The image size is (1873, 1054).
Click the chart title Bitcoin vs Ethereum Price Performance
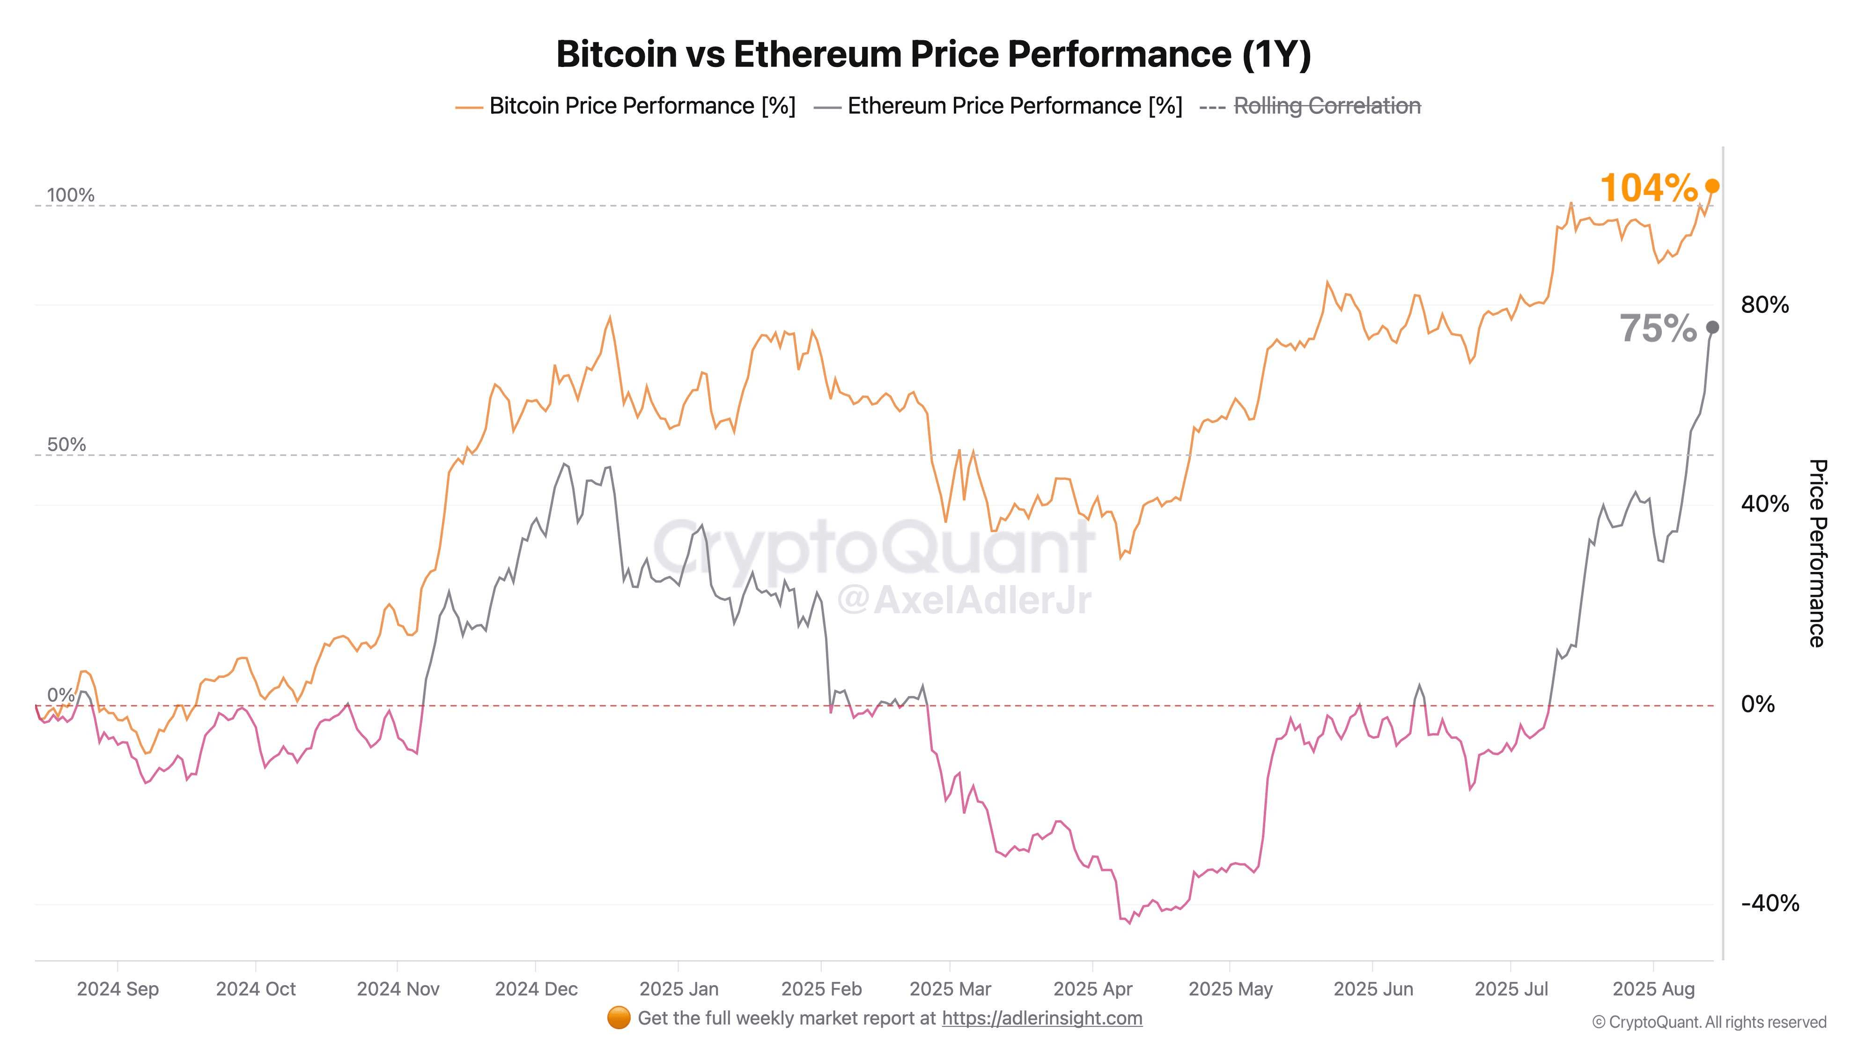click(x=934, y=54)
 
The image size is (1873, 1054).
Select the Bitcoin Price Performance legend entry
click(x=625, y=106)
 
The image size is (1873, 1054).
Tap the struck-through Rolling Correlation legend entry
click(x=1310, y=106)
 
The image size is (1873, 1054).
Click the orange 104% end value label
click(x=1648, y=188)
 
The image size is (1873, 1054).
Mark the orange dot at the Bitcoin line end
click(x=1712, y=187)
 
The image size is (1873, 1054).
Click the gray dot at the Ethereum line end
click(x=1712, y=327)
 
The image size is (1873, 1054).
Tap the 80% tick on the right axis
click(x=1765, y=305)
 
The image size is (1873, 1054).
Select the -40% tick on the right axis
click(x=1770, y=904)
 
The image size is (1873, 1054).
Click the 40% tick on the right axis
click(x=1765, y=504)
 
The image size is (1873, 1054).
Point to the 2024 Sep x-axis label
click(x=118, y=989)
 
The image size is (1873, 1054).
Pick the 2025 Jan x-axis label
click(x=679, y=989)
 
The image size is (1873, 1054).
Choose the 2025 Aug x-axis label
click(x=1653, y=989)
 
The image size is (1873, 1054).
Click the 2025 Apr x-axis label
click(x=1093, y=989)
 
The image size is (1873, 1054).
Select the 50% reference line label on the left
click(x=66, y=445)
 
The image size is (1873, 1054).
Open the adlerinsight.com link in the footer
click(x=1042, y=1018)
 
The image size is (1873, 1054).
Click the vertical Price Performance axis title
click(x=1817, y=553)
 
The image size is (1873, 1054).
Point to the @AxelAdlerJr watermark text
click(x=964, y=600)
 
